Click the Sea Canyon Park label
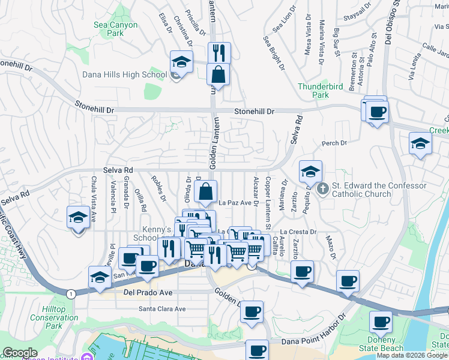116,29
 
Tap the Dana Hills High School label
125,75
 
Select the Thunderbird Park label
322,91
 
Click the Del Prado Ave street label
148,293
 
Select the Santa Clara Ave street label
162,309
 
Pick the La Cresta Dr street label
298,232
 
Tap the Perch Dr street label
334,143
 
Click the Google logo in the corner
20,353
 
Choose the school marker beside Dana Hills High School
181,62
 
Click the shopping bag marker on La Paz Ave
205,192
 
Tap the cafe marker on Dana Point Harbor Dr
257,350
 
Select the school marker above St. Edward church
310,172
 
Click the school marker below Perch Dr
420,144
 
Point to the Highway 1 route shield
71,293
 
